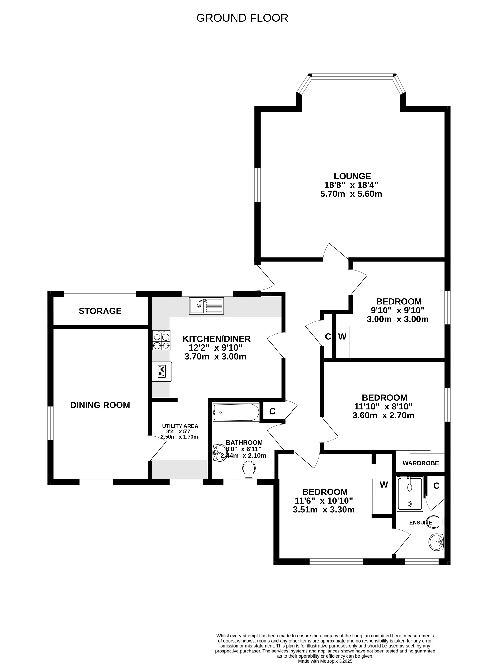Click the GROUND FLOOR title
(x=242, y=18)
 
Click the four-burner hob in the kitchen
(x=161, y=340)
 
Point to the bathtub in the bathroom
(x=236, y=412)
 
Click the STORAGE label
(x=100, y=311)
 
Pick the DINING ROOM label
(x=100, y=405)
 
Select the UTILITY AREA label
(x=180, y=426)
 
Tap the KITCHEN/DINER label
(x=217, y=339)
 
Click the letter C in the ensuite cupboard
(x=437, y=486)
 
